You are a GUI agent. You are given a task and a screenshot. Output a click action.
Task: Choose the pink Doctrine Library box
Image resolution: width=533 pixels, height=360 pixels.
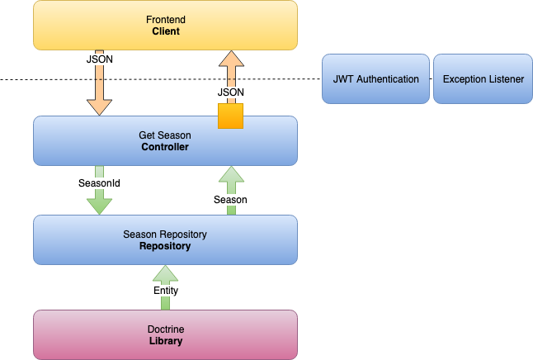click(165, 334)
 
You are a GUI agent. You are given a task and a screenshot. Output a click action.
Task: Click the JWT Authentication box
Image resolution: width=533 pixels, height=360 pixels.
click(375, 79)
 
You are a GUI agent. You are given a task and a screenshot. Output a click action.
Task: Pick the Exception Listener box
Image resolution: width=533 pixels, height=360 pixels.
click(483, 79)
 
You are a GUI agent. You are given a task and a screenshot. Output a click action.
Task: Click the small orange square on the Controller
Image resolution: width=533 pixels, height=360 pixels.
click(230, 116)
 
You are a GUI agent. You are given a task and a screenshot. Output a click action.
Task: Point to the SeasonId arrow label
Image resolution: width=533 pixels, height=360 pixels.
click(99, 182)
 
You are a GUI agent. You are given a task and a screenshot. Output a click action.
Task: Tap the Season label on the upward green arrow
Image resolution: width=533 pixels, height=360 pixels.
click(230, 200)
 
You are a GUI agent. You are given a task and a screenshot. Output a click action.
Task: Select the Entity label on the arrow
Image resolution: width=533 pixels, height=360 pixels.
click(165, 291)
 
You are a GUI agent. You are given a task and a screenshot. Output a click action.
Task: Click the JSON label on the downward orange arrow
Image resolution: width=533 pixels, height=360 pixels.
click(99, 60)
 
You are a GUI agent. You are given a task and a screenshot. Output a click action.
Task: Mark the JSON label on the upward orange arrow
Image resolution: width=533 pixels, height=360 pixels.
click(230, 92)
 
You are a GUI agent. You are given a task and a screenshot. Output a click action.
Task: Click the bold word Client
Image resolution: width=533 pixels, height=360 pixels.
click(165, 31)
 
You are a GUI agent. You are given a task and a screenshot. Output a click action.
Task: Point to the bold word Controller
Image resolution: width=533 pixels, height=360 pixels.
click(165, 147)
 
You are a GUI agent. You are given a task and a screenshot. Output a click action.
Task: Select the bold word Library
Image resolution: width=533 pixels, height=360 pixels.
click(165, 341)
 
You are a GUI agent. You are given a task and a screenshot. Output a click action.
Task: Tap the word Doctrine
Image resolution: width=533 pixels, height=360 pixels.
click(165, 329)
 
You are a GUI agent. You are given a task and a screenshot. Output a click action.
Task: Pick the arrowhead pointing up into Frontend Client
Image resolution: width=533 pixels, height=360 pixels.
click(230, 59)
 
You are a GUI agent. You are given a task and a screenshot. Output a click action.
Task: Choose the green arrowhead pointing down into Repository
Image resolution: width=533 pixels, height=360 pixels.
click(99, 205)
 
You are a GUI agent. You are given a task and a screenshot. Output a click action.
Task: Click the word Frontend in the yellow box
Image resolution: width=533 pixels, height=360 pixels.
click(165, 19)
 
